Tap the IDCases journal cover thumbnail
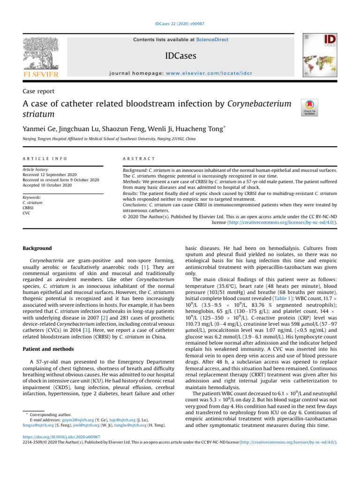coord(320,57)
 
